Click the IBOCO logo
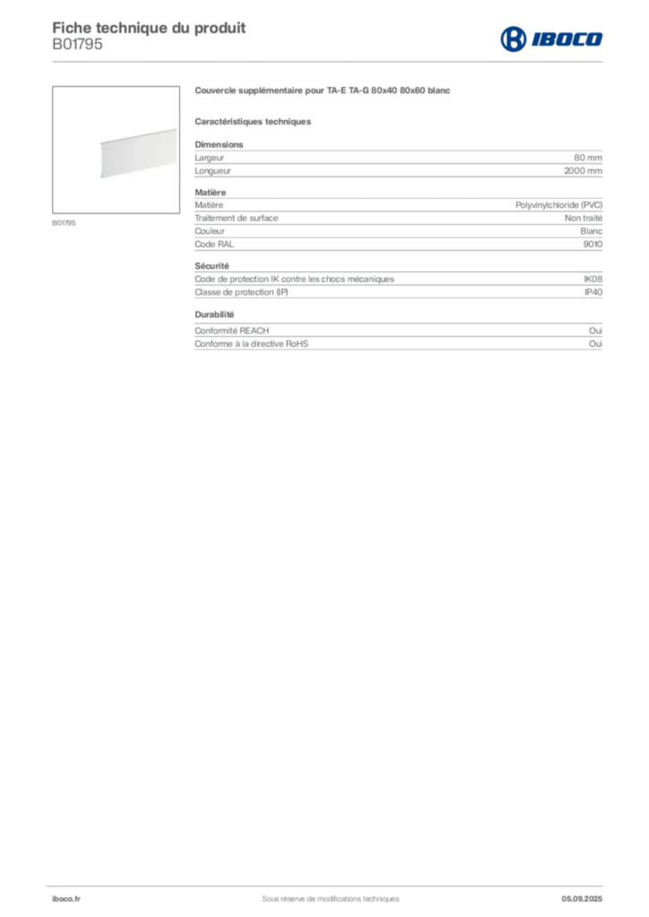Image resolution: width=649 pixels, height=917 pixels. pyautogui.click(x=551, y=39)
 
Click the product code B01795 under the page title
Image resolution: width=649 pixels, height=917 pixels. pyautogui.click(x=77, y=45)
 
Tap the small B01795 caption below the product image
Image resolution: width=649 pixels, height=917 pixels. pyautogui.click(x=64, y=223)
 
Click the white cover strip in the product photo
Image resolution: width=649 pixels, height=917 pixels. pyautogui.click(x=139, y=152)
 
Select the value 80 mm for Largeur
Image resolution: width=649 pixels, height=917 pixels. pyautogui.click(x=587, y=158)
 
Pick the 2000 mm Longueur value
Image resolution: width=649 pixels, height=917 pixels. pyautogui.click(x=583, y=171)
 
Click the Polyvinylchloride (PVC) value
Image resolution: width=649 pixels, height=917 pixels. pyautogui.click(x=558, y=205)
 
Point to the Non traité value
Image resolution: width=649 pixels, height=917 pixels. pyautogui.click(x=584, y=219)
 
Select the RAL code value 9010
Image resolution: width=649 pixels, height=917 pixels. pyautogui.click(x=593, y=244)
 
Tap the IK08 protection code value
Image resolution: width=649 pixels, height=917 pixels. pyautogui.click(x=593, y=279)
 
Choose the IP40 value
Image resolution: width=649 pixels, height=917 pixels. pyautogui.click(x=593, y=293)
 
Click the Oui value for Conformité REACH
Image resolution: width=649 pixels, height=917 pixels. pyautogui.click(x=596, y=331)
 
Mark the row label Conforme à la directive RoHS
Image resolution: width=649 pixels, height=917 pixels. pyautogui.click(x=251, y=344)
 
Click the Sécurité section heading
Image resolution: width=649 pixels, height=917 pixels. pyautogui.click(x=212, y=266)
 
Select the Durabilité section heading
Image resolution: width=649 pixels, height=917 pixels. pyautogui.click(x=214, y=314)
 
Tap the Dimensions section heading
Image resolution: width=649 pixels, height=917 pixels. pyautogui.click(x=219, y=144)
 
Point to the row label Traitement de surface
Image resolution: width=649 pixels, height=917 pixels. pyautogui.click(x=237, y=219)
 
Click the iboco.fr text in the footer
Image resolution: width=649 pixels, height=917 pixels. pyautogui.click(x=66, y=899)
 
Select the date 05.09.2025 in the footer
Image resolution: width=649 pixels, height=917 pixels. pyautogui.click(x=582, y=899)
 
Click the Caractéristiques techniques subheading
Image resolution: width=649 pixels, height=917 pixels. pyautogui.click(x=253, y=122)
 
